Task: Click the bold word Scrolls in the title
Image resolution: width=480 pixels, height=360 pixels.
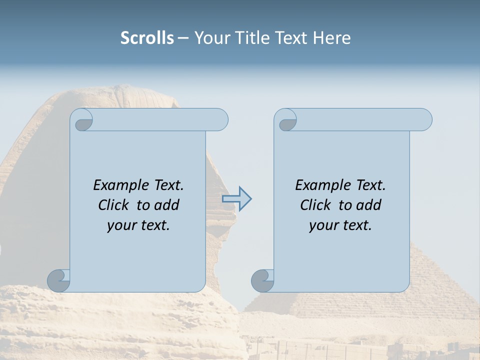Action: (x=147, y=38)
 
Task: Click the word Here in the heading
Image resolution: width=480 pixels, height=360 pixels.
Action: (x=331, y=38)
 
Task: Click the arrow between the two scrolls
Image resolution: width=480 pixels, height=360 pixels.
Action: (x=237, y=199)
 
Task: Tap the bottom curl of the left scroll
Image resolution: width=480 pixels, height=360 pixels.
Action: (x=59, y=280)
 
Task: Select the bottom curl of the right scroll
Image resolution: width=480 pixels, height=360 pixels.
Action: (x=262, y=280)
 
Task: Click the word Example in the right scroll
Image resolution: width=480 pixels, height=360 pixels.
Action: (x=323, y=185)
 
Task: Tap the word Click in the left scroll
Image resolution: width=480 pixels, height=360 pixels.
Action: (x=114, y=205)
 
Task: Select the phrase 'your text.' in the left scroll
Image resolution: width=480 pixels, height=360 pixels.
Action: (x=138, y=225)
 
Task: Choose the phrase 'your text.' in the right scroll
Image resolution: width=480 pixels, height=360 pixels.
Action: (x=340, y=225)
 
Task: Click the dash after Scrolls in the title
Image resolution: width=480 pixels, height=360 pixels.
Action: (x=183, y=38)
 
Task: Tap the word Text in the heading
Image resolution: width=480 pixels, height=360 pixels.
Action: (x=291, y=38)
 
